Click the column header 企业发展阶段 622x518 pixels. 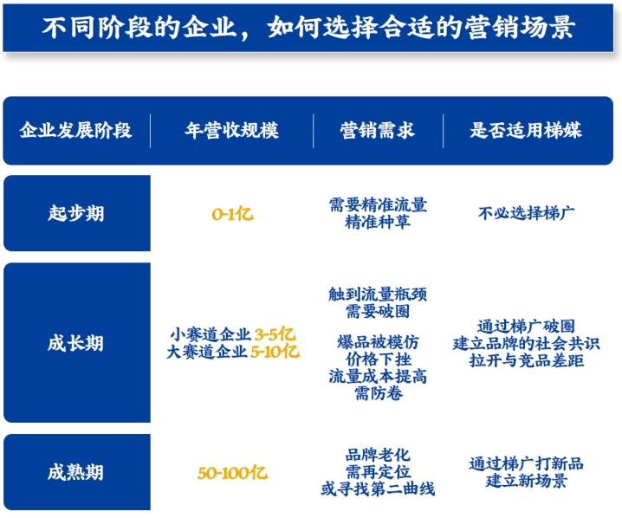pyautogui.click(x=75, y=130)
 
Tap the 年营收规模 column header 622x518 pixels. pyautogui.click(x=232, y=130)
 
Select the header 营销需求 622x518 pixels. pyautogui.click(x=377, y=130)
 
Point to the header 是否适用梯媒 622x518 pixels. pyautogui.click(x=526, y=130)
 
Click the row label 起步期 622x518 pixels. pyautogui.click(x=75, y=213)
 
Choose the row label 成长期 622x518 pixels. pyautogui.click(x=75, y=343)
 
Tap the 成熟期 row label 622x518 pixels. pyautogui.click(x=75, y=472)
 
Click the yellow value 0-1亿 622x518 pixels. pyautogui.click(x=232, y=214)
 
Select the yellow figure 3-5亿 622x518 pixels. pyautogui.click(x=275, y=334)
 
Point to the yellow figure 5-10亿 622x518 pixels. pyautogui.click(x=275, y=352)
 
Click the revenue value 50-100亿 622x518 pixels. pyautogui.click(x=232, y=473)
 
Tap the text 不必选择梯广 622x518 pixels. pyautogui.click(x=526, y=213)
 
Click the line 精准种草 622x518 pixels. pyautogui.click(x=378, y=222)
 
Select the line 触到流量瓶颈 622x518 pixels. pyautogui.click(x=378, y=294)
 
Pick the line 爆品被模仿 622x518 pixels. pyautogui.click(x=378, y=342)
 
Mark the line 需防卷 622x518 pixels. pyautogui.click(x=379, y=393)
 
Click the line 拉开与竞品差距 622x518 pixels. pyautogui.click(x=527, y=360)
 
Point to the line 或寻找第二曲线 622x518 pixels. pyautogui.click(x=378, y=489)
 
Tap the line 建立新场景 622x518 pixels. pyautogui.click(x=527, y=481)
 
